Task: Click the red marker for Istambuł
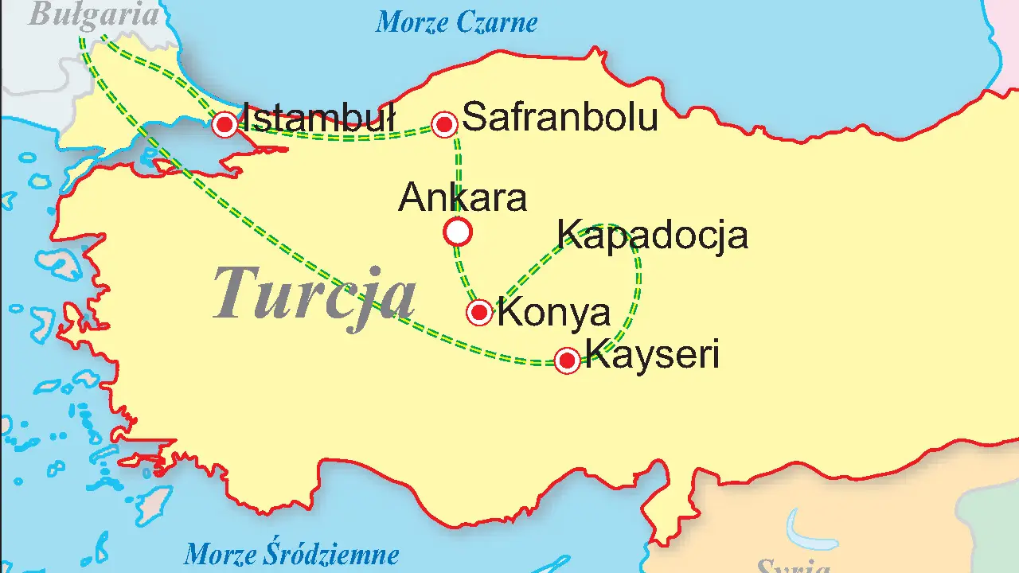point(225,124)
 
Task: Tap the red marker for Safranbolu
point(444,124)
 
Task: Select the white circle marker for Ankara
point(458,232)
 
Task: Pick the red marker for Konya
point(479,312)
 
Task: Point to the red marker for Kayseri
point(567,361)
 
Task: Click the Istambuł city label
point(318,118)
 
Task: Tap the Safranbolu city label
point(560,117)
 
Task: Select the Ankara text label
point(463,197)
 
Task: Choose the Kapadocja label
point(652,235)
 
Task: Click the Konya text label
point(553,313)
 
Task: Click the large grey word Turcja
point(314,294)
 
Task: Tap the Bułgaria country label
point(93,14)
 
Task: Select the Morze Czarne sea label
point(456,22)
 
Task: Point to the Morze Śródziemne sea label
point(291,553)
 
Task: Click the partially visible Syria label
point(792,567)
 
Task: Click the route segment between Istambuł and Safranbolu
point(342,138)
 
